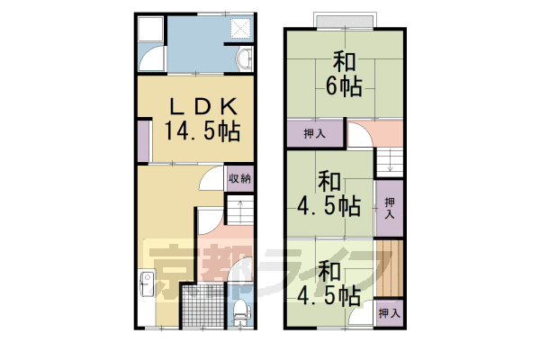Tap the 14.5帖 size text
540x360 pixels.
tap(202, 131)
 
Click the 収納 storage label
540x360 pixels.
tap(239, 178)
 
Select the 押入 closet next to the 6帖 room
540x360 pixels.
tap(315, 135)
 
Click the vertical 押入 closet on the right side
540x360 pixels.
tap(390, 209)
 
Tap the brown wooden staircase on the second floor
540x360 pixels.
tap(388, 269)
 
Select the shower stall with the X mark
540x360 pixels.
tap(241, 27)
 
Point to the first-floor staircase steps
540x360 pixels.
tap(240, 213)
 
